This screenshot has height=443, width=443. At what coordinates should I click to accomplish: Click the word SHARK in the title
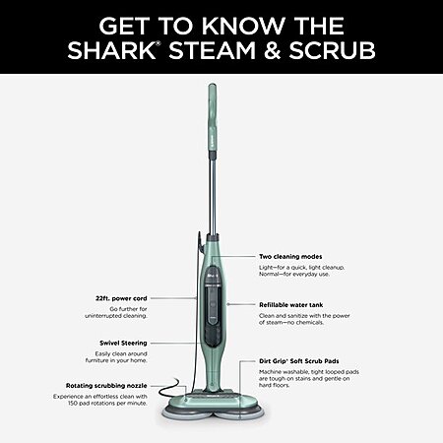[x=111, y=51]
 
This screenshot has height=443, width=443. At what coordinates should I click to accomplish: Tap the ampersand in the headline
[x=272, y=51]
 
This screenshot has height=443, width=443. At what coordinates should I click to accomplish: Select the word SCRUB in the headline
[x=332, y=51]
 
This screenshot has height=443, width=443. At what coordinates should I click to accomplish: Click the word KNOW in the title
[x=243, y=26]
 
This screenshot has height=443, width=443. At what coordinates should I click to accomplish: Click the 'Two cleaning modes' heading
[x=290, y=257]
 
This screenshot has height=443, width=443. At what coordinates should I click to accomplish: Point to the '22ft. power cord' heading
[x=121, y=298]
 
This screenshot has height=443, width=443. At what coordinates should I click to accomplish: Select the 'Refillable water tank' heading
[x=291, y=305]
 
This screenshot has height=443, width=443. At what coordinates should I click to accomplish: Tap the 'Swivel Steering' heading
[x=123, y=343]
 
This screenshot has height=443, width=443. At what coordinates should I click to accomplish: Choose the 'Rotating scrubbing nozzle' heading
[x=106, y=386]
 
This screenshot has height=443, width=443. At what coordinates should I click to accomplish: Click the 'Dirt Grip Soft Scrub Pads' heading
[x=299, y=361]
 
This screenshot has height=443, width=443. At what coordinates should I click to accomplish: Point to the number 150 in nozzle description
[x=73, y=403]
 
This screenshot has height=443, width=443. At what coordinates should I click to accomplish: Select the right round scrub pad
[x=240, y=412]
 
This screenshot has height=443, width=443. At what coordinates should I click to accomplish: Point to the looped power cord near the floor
[x=170, y=387]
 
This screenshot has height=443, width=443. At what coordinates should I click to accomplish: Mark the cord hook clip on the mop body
[x=200, y=240]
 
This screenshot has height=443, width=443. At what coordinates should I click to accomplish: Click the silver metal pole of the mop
[x=213, y=192]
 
